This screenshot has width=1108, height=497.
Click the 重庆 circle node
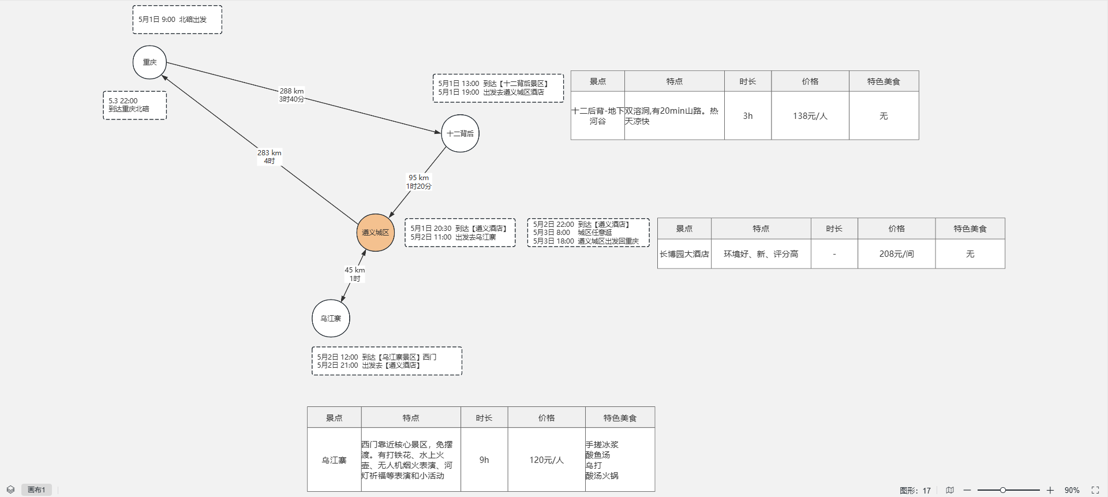click(149, 62)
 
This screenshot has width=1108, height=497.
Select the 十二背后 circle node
click(460, 133)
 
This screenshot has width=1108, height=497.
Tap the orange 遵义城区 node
click(375, 233)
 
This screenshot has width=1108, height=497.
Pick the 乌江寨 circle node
click(331, 318)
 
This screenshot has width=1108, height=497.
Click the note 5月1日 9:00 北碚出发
click(177, 20)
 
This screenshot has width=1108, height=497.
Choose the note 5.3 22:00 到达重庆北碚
click(134, 105)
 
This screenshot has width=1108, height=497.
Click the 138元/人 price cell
click(810, 116)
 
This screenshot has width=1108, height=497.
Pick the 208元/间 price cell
click(896, 254)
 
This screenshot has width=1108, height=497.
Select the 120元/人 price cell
click(546, 460)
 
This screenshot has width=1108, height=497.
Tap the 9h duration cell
click(484, 460)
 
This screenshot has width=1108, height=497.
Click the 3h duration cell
click(747, 116)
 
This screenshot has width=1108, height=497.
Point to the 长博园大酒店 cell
click(684, 254)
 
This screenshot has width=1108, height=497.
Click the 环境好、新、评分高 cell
click(761, 254)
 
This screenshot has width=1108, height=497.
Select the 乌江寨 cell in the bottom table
click(334, 460)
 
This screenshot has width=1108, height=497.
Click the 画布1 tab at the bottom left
click(36, 490)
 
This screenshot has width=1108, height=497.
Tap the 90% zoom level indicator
click(1072, 490)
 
